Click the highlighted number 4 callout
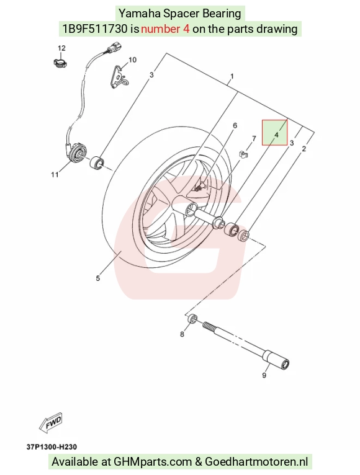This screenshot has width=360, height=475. pos(276,135)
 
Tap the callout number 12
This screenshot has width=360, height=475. pos(61,48)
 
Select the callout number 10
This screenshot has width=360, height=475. pos(133,60)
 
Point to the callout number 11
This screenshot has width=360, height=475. pos(55,174)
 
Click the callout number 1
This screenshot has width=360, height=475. pos(232,76)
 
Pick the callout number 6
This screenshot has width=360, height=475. pos(235,125)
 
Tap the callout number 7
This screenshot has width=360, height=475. pos(254,138)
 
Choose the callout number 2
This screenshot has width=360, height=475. pos(304,148)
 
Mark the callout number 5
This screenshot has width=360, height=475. pos(97,278)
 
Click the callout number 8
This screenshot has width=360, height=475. pos(182,334)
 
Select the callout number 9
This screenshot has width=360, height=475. pos(264,375)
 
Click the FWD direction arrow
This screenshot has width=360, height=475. pos(51,422)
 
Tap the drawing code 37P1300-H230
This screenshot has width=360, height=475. pos(52,447)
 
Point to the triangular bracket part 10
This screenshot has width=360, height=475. pos(119,77)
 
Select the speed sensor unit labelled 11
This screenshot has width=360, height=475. pos(76,153)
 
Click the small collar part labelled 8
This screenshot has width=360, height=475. pos(192,319)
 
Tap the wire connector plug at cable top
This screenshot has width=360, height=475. pos(115,48)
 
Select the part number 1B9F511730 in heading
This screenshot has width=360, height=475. pos(95,29)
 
